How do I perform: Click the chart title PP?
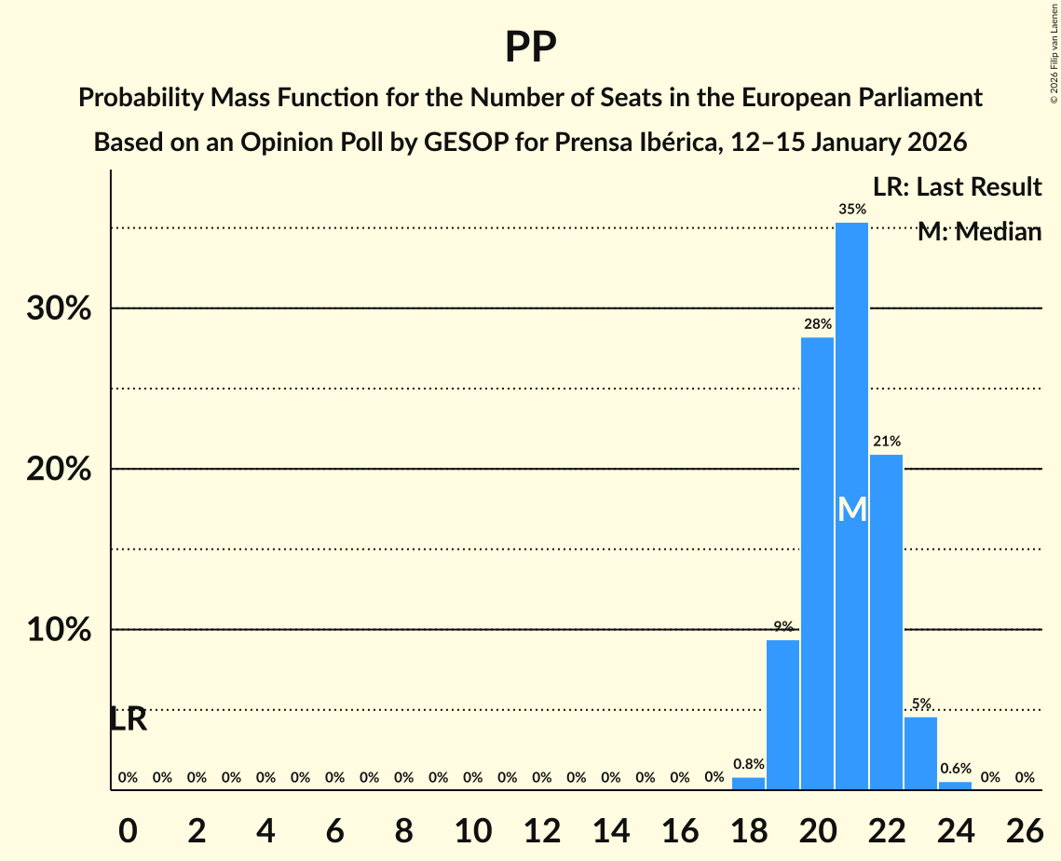pyautogui.click(x=530, y=47)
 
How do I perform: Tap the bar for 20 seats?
pyautogui.click(x=817, y=559)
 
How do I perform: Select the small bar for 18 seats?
pyautogui.click(x=748, y=784)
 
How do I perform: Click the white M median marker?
pyautogui.click(x=851, y=510)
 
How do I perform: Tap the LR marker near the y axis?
pyautogui.click(x=129, y=719)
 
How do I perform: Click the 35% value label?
pyautogui.click(x=851, y=210)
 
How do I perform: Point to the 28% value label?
pyautogui.click(x=817, y=324)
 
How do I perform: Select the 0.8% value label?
pyautogui.click(x=748, y=764)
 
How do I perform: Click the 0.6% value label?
pyautogui.click(x=955, y=769)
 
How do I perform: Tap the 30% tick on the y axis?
pyautogui.click(x=59, y=308)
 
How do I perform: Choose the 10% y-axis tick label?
pyautogui.click(x=59, y=630)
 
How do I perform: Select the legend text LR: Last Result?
pyautogui.click(x=957, y=187)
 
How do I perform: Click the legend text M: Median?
pyautogui.click(x=979, y=232)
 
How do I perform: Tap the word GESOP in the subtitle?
pyautogui.click(x=463, y=143)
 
